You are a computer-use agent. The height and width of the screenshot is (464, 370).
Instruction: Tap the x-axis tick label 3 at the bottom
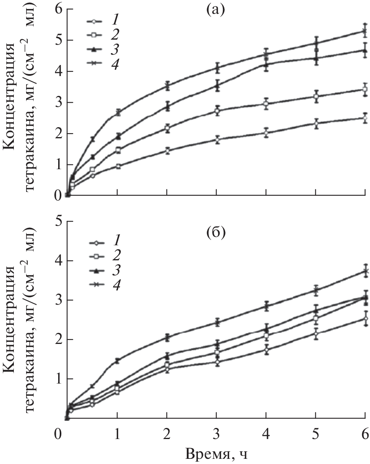pyautogui.click(x=217, y=435)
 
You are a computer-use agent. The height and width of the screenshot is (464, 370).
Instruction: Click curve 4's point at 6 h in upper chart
pyautogui.click(x=364, y=31)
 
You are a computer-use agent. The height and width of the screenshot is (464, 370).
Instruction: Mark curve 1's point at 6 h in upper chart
pyautogui.click(x=364, y=118)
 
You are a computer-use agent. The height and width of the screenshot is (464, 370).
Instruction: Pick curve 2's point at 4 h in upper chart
pyautogui.click(x=266, y=104)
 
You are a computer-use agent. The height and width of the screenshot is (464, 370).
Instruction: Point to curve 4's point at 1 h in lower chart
pyautogui.click(x=118, y=361)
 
